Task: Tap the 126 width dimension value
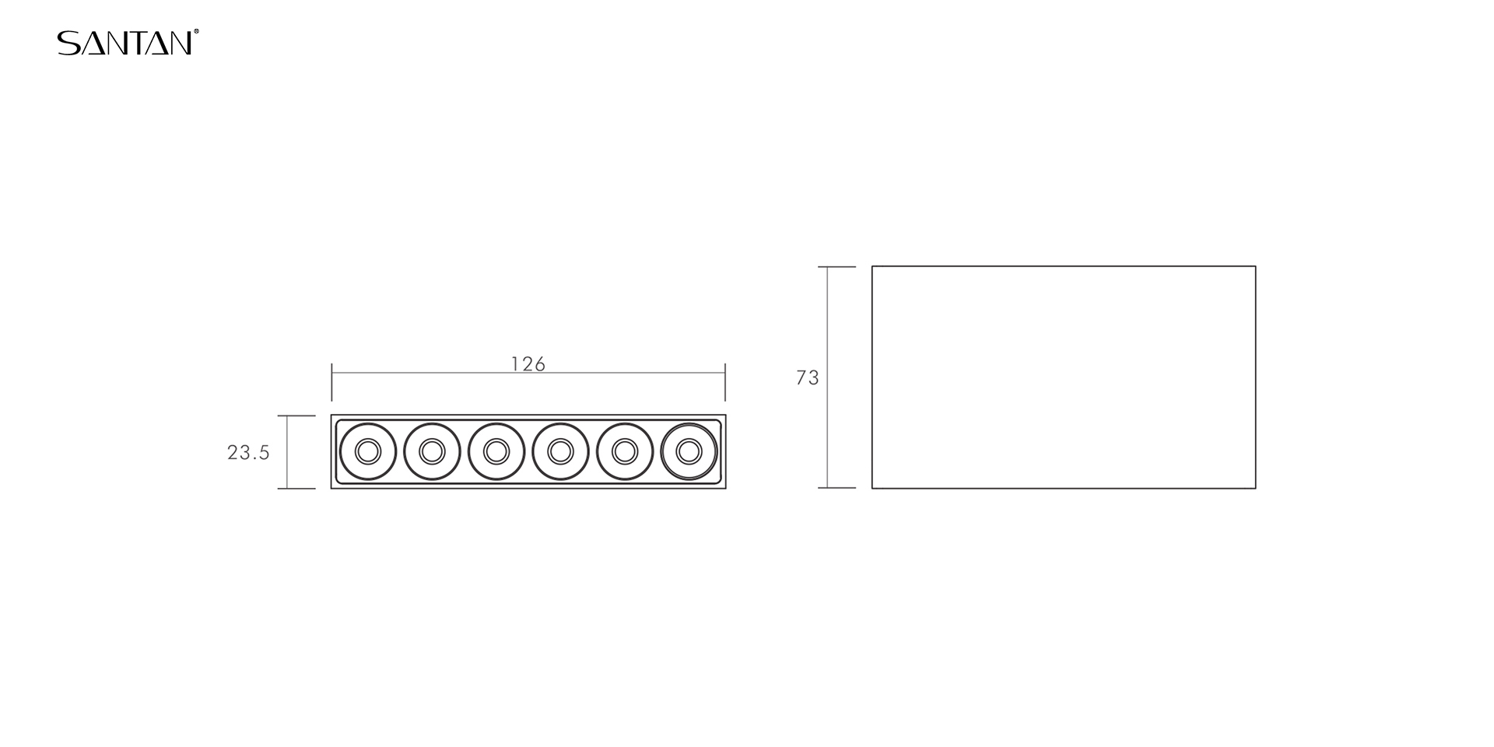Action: point(528,364)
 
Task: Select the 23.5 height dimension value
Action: point(248,452)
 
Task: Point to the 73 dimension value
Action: point(808,377)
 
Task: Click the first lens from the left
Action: point(368,451)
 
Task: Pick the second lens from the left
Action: point(432,451)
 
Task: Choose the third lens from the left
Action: point(496,451)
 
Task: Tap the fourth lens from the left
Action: point(560,451)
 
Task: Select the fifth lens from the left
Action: point(625,451)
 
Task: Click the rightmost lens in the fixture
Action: point(689,451)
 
